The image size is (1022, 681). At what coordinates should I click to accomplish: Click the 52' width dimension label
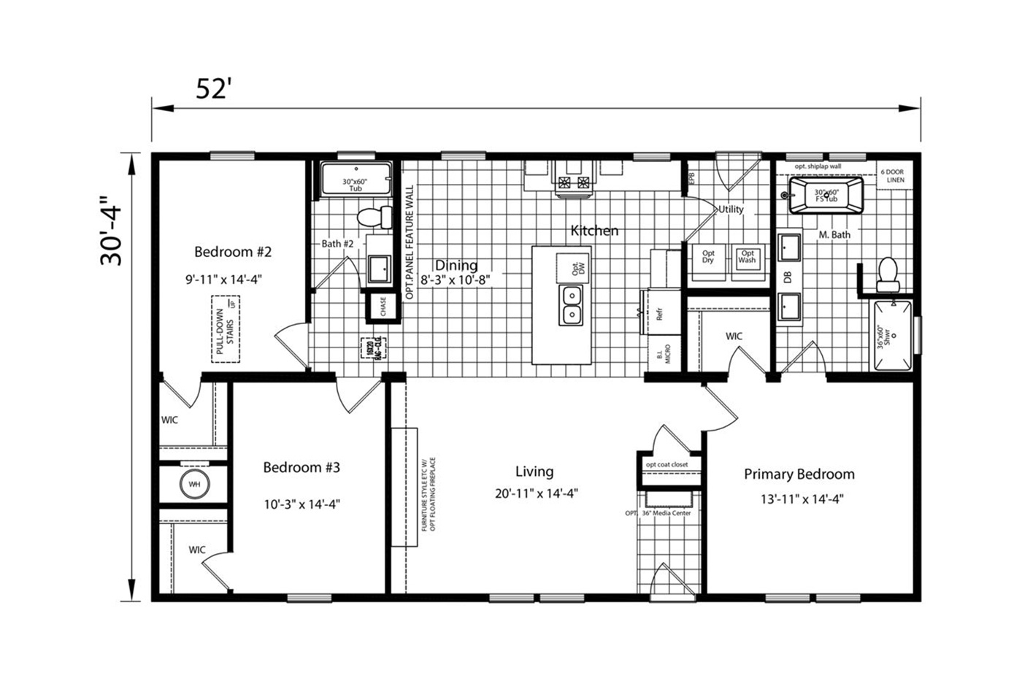213,88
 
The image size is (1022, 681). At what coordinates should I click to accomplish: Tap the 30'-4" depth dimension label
112,231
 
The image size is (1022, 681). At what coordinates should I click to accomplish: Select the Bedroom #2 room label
233,252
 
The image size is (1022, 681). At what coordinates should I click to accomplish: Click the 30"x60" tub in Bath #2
355,180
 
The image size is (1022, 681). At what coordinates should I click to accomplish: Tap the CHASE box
383,307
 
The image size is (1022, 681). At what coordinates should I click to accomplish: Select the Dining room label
456,266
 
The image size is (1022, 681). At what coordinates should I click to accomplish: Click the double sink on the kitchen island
572,305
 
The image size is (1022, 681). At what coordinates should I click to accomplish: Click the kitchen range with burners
573,183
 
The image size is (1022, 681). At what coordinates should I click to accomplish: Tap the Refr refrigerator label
659,314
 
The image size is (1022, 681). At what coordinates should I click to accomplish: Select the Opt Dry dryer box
708,258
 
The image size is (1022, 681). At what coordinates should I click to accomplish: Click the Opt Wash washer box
747,258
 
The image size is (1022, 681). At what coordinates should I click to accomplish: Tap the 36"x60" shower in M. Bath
893,336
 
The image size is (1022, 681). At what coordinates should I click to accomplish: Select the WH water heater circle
194,484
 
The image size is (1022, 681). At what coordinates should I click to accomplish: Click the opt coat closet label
666,464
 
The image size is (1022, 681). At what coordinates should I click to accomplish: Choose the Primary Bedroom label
799,474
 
